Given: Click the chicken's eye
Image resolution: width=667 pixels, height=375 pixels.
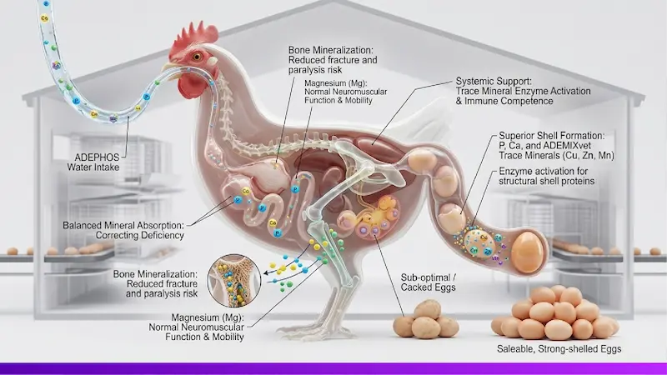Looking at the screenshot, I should tap(198, 57).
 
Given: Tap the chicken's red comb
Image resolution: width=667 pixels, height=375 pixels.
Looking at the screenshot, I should tap(198, 35).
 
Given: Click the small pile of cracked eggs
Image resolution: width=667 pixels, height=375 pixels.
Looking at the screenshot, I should tap(425, 320).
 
